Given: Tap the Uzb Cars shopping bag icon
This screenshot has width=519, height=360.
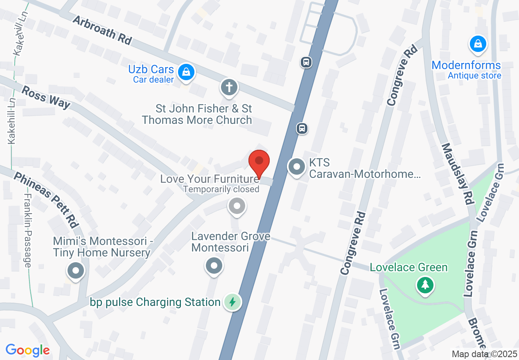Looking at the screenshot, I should click(186, 72).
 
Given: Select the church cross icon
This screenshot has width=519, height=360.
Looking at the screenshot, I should click(230, 88).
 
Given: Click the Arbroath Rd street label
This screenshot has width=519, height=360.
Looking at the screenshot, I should click(102, 30).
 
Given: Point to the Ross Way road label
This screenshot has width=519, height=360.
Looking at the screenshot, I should click(45, 97).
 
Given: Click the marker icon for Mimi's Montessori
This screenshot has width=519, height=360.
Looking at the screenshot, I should click(76, 271).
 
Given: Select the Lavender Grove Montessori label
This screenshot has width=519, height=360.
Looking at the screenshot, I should click(231, 242).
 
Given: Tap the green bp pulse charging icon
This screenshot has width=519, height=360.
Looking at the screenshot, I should click(232, 302).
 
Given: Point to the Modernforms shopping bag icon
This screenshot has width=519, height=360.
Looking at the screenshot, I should click(478, 43).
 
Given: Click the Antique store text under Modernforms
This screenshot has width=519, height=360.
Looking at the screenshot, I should click(474, 76).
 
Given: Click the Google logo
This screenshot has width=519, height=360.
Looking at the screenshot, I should click(27, 350).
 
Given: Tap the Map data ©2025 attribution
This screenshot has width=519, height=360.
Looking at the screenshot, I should click(484, 354).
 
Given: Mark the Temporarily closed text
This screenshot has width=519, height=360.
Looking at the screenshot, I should click(221, 189).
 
